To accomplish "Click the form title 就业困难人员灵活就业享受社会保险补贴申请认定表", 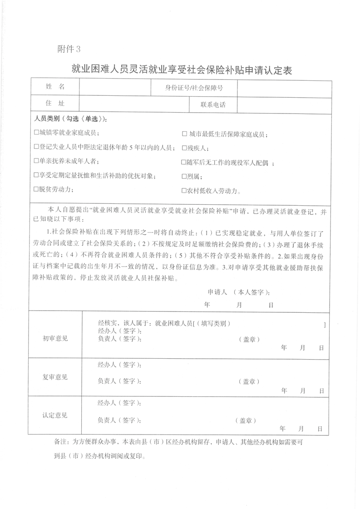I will [x=181, y=70].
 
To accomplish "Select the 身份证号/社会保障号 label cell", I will [x=194, y=88].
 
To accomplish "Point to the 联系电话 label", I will [x=213, y=105].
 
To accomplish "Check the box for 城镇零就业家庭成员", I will [x=36, y=133].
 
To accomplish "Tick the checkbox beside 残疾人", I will [x=184, y=148].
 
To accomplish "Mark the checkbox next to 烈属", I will [x=184, y=176].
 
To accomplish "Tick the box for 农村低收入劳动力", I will [x=184, y=191].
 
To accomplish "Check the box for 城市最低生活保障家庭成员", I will [x=184, y=134].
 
